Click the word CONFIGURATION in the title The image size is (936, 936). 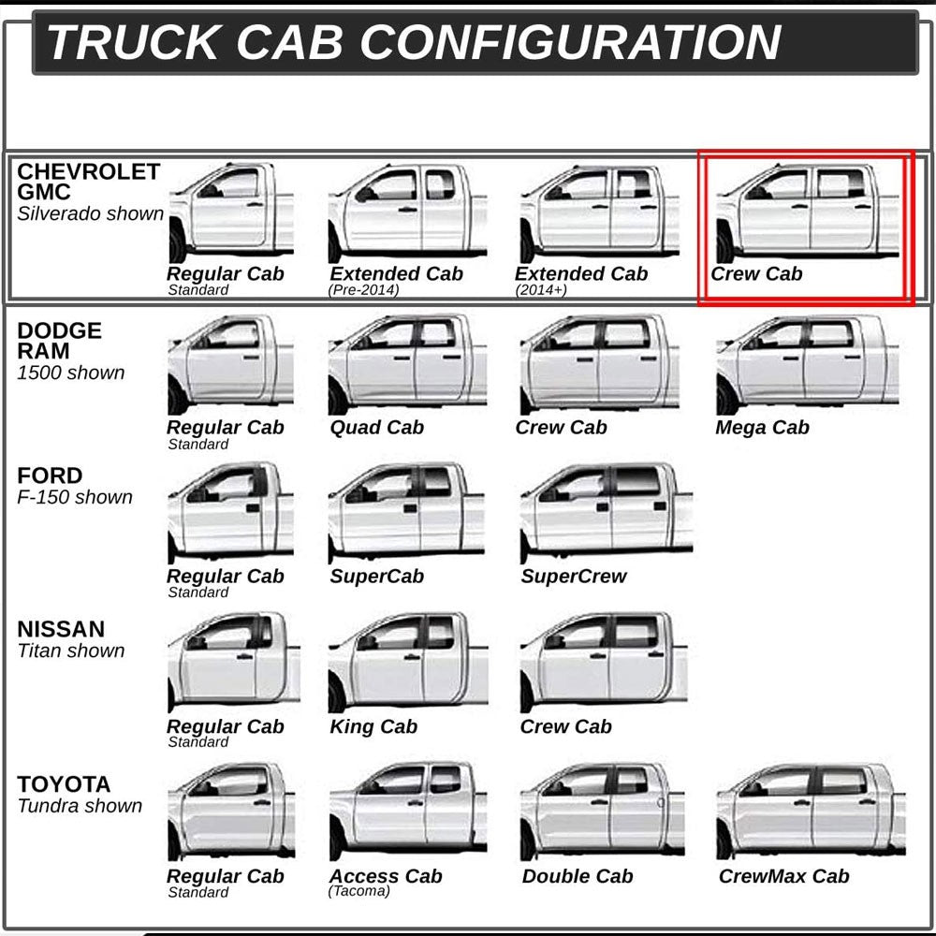[x=570, y=42]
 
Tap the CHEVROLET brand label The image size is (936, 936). [x=88, y=172]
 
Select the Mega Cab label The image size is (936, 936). [x=762, y=428]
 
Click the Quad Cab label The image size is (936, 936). [x=376, y=428]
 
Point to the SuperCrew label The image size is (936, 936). [x=573, y=576]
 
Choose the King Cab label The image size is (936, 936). [x=373, y=726]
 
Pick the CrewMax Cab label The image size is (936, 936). [x=783, y=876]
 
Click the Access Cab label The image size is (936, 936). [x=387, y=876]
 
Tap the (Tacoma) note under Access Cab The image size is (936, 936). [x=358, y=891]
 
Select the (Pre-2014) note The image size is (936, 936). [x=363, y=290]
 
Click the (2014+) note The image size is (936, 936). [x=541, y=290]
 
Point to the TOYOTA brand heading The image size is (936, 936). [x=64, y=784]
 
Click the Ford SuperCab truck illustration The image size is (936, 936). [x=407, y=512]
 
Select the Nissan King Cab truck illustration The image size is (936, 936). [x=408, y=662]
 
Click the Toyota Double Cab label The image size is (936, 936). [x=578, y=876]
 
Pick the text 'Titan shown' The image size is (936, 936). [x=71, y=651]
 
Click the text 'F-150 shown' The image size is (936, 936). [x=75, y=497]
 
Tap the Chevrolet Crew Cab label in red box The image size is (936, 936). [x=756, y=274]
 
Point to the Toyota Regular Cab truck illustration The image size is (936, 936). [x=231, y=812]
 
